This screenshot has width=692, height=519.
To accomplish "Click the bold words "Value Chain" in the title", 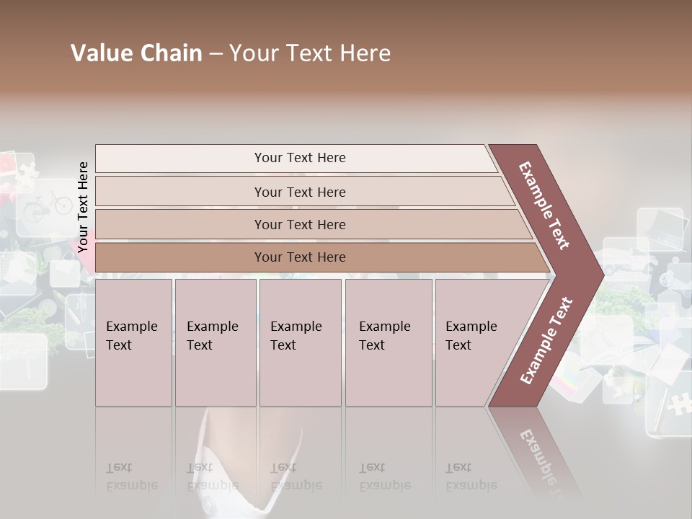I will point(136,53).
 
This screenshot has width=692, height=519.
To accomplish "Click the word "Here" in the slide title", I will point(365,53).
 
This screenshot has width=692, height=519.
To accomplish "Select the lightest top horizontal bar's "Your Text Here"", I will point(300,158).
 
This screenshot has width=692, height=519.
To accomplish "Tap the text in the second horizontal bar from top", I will point(300,192).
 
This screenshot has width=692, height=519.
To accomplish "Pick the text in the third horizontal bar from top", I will point(300,225).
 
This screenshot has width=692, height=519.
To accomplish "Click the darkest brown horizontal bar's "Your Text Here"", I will point(300,257).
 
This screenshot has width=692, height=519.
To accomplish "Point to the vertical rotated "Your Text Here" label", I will point(83,208).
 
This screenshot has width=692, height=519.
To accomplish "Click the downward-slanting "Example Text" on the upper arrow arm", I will point(544,205).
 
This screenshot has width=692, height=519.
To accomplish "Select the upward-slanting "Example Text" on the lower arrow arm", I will point(546,341).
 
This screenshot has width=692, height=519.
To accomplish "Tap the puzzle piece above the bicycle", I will point(27,172).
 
